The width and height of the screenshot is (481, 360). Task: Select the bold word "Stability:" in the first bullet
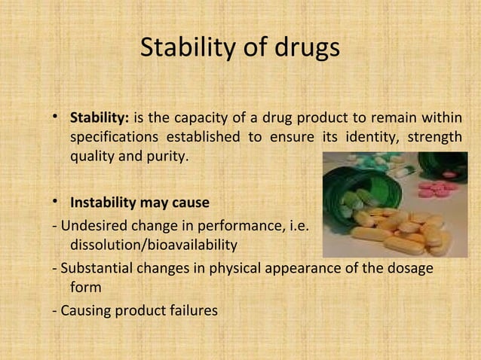coord(100,119)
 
